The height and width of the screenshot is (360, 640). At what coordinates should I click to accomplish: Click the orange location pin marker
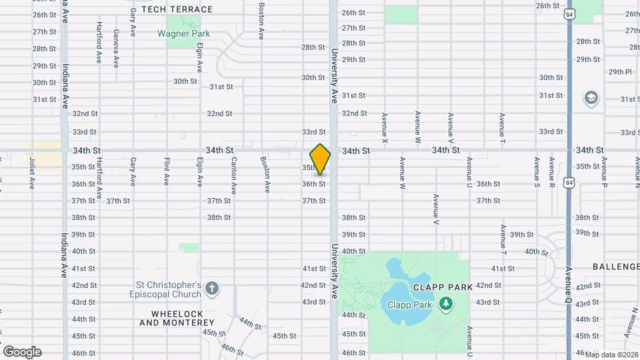pos(320,159)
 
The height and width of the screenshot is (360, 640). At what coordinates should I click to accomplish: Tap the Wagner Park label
pos(183,33)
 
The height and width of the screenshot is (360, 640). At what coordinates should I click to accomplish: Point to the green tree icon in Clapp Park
pos(445,304)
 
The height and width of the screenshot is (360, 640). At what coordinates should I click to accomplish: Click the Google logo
pos(22,352)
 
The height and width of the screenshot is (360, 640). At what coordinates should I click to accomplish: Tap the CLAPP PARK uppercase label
pos(443,287)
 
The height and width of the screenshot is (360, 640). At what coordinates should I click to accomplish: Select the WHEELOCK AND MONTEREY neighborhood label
pos(177,318)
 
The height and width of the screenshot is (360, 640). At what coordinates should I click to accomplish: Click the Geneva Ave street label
pos(115,48)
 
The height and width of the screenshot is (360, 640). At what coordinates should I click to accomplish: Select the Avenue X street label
pos(385,127)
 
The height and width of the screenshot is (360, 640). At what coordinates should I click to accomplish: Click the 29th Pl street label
pos(619,72)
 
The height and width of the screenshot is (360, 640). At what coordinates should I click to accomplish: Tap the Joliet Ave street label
pos(31,173)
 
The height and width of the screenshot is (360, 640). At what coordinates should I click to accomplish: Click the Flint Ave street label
pos(167,171)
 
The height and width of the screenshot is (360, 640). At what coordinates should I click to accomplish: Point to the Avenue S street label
pos(536,171)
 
